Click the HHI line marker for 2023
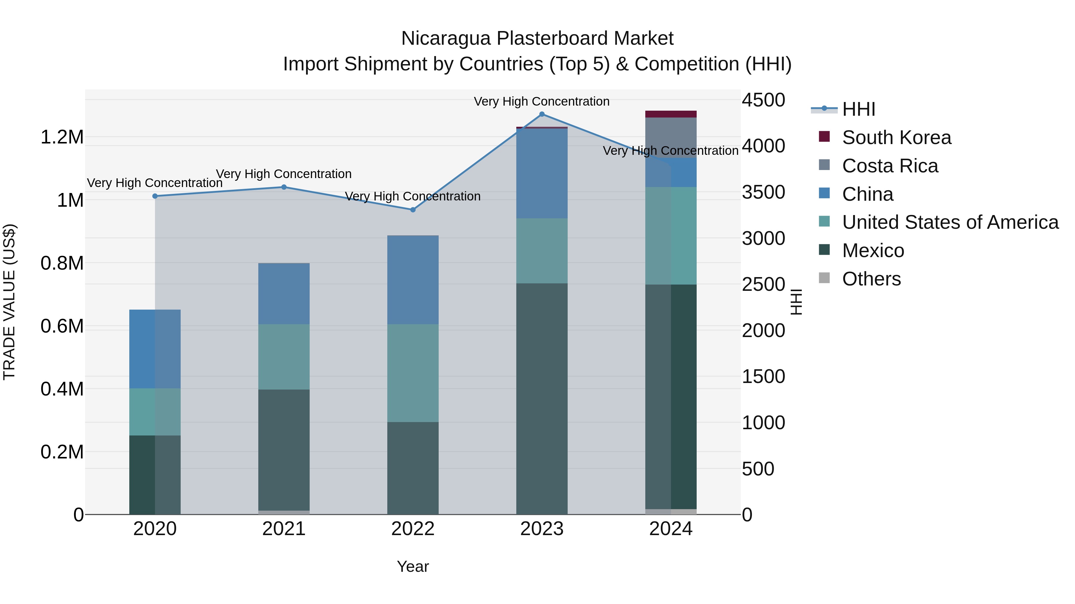point(542,114)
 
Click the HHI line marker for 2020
point(155,196)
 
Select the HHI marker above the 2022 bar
point(413,210)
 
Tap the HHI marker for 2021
point(284,187)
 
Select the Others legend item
point(871,279)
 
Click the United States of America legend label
point(950,222)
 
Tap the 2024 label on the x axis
point(671,529)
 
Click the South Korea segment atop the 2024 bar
point(671,114)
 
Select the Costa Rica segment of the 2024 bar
point(671,137)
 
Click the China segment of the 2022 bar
point(413,279)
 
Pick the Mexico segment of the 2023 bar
point(542,398)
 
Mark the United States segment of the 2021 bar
point(284,356)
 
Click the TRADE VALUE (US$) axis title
point(10,302)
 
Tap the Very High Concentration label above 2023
point(542,101)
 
